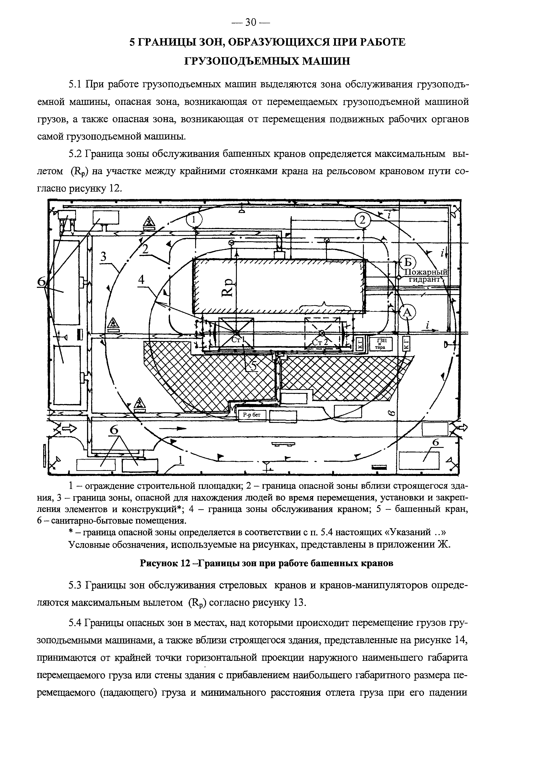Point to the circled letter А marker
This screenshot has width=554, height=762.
(407, 312)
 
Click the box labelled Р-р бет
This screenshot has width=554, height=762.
(252, 416)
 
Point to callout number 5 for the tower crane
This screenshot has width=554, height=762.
(254, 366)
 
